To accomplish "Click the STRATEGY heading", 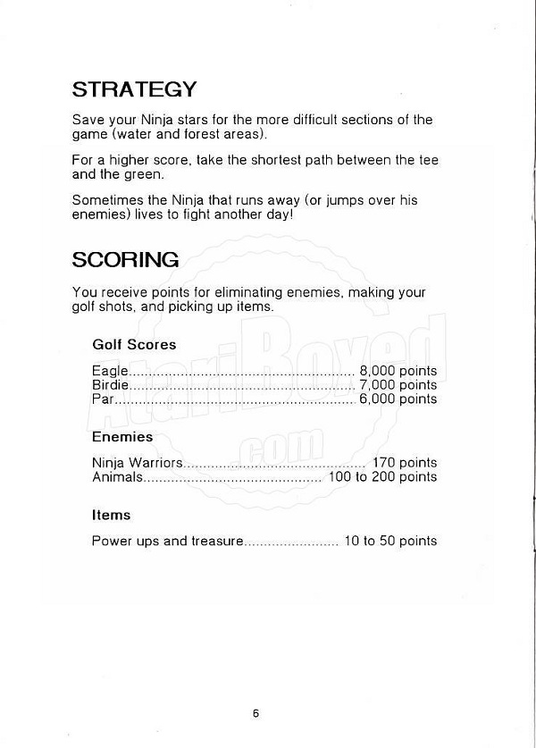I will coord(134,89).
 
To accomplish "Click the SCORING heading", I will coord(125,260).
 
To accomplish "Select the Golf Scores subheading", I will coord(134,344).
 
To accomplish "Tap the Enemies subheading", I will coord(122,437).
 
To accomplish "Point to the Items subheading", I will coord(111,515).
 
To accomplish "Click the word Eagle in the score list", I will coord(111,371).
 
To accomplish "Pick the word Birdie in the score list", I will coord(110,385).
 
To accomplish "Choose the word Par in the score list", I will coord(103,399).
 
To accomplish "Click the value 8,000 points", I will coord(398,371).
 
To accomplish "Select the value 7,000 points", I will coord(398,385).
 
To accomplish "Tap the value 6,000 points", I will coord(398,399).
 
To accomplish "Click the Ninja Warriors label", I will coord(137,463).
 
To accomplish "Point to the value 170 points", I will coord(405,463).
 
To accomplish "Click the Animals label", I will coord(117,476).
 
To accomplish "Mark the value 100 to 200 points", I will coord(383,476).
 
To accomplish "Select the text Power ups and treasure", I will coord(167,541).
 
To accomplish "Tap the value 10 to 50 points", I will coord(390,541).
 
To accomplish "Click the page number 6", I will coord(255,713).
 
